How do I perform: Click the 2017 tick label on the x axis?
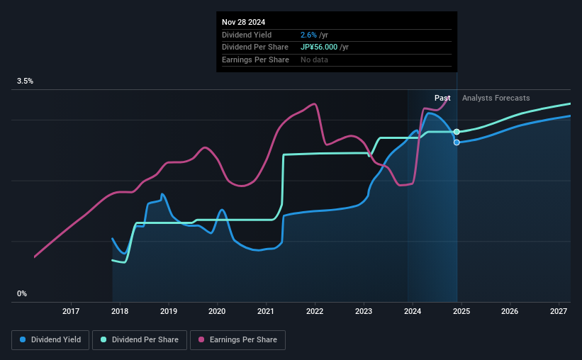[x=71, y=311]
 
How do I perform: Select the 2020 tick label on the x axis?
[x=217, y=311]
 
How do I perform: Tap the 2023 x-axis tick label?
[x=364, y=311]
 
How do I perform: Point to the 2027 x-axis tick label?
[x=559, y=311]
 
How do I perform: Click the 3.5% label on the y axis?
[x=26, y=81]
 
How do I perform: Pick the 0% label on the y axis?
[x=22, y=293]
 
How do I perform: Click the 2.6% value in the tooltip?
[x=309, y=35]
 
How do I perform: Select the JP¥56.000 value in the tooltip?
[x=320, y=47]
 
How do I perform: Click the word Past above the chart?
[x=442, y=99]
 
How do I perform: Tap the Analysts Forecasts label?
[x=496, y=99]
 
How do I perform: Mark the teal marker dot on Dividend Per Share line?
[x=457, y=132]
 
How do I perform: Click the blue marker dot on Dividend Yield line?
[x=457, y=142]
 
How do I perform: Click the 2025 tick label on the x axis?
[x=461, y=311]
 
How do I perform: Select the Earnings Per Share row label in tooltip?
[x=255, y=60]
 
